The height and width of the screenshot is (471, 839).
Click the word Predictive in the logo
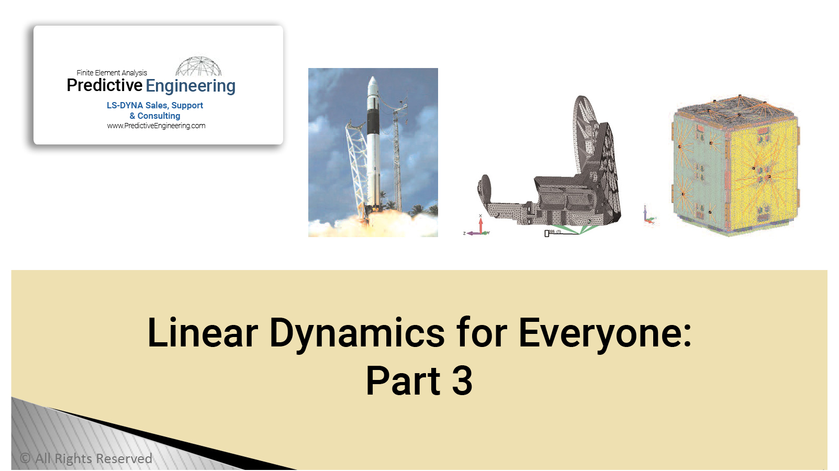coord(105,85)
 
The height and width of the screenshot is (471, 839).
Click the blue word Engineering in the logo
coord(191,86)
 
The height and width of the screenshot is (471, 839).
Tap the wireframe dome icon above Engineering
coord(198,66)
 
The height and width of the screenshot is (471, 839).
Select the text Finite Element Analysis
coord(111,73)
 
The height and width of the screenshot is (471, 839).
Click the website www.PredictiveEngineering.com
coord(156,126)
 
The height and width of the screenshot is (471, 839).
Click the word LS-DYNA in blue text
coord(125,105)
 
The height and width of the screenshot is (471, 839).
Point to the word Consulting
coord(159,116)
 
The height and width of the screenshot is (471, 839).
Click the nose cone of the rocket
coord(372,84)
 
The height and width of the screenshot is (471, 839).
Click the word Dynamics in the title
coord(356,333)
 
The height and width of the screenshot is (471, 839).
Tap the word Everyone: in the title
coord(605,333)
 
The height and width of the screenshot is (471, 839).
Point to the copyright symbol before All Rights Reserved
coord(25,458)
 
